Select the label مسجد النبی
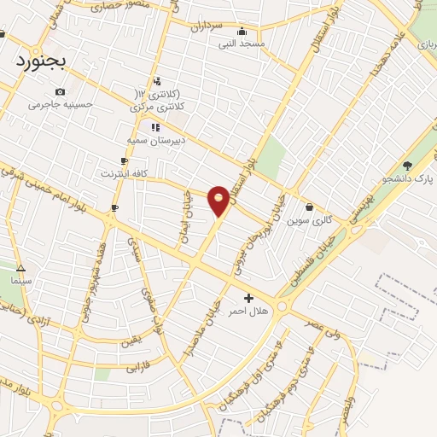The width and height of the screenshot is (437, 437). click(x=242, y=44)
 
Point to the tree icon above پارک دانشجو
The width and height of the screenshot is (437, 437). click(x=407, y=166)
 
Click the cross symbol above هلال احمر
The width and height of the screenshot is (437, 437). click(x=248, y=298)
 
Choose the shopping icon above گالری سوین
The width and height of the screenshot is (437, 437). click(x=309, y=207)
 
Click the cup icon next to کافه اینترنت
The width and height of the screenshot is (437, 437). click(x=125, y=160)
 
